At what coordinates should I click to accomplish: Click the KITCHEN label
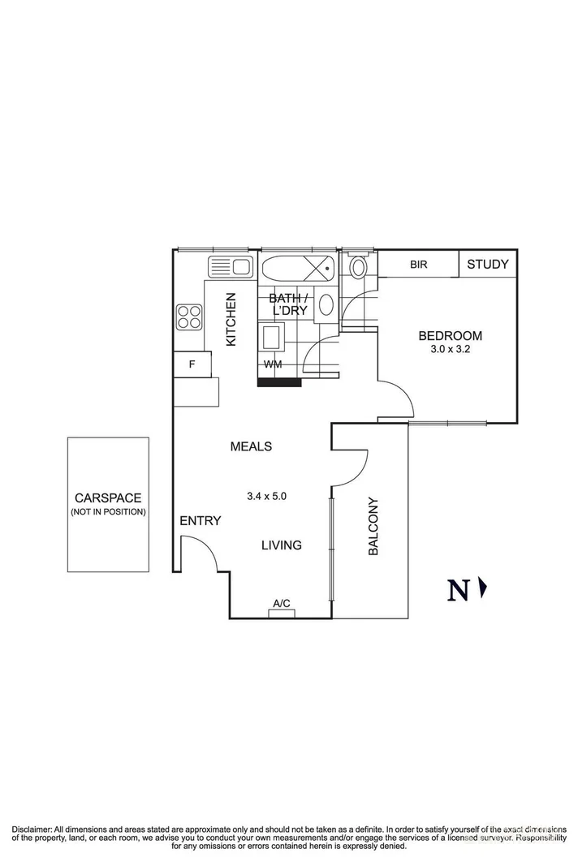(x=231, y=320)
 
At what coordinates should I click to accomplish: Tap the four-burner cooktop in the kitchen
(x=189, y=317)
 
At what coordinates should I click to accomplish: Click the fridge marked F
(x=192, y=364)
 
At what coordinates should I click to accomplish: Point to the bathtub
(x=297, y=266)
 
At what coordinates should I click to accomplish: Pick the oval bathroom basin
(x=326, y=305)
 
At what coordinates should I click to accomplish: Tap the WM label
(x=273, y=364)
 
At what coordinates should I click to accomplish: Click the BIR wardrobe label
(x=419, y=265)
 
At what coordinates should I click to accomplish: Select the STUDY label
(x=488, y=264)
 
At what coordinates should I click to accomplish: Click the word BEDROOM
(x=450, y=336)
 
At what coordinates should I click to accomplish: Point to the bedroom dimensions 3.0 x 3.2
(x=450, y=350)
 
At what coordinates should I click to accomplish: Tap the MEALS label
(x=251, y=446)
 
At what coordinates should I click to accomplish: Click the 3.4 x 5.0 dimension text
(x=267, y=494)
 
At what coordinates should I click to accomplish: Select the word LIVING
(x=281, y=545)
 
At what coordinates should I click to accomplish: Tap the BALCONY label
(x=373, y=526)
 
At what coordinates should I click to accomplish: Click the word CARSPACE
(x=108, y=498)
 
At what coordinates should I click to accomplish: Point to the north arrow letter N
(x=458, y=590)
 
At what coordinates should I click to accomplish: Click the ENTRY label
(x=200, y=521)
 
